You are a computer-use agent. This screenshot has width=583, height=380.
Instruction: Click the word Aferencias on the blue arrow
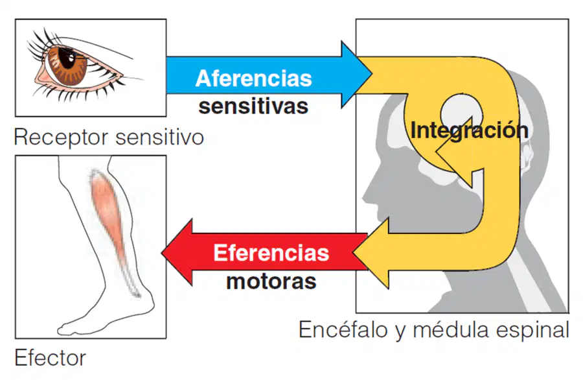point(253,78)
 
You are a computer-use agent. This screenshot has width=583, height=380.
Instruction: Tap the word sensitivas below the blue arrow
point(253,106)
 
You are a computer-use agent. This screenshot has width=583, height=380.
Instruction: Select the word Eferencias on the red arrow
point(271,253)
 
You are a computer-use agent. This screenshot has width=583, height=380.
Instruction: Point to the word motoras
point(271,281)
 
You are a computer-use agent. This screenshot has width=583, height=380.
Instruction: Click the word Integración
point(469,130)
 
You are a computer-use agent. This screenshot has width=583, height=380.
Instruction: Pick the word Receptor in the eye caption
point(62,137)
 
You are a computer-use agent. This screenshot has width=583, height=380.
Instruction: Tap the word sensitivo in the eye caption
point(160,137)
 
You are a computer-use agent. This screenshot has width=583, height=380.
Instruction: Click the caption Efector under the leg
point(50,358)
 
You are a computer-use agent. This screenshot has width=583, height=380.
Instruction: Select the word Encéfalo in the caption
point(343,329)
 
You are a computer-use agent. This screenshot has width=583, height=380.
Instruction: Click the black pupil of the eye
point(67,59)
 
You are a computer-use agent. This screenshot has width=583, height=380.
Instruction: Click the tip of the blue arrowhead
point(372,74)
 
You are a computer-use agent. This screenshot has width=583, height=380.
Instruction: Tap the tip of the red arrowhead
point(162,252)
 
